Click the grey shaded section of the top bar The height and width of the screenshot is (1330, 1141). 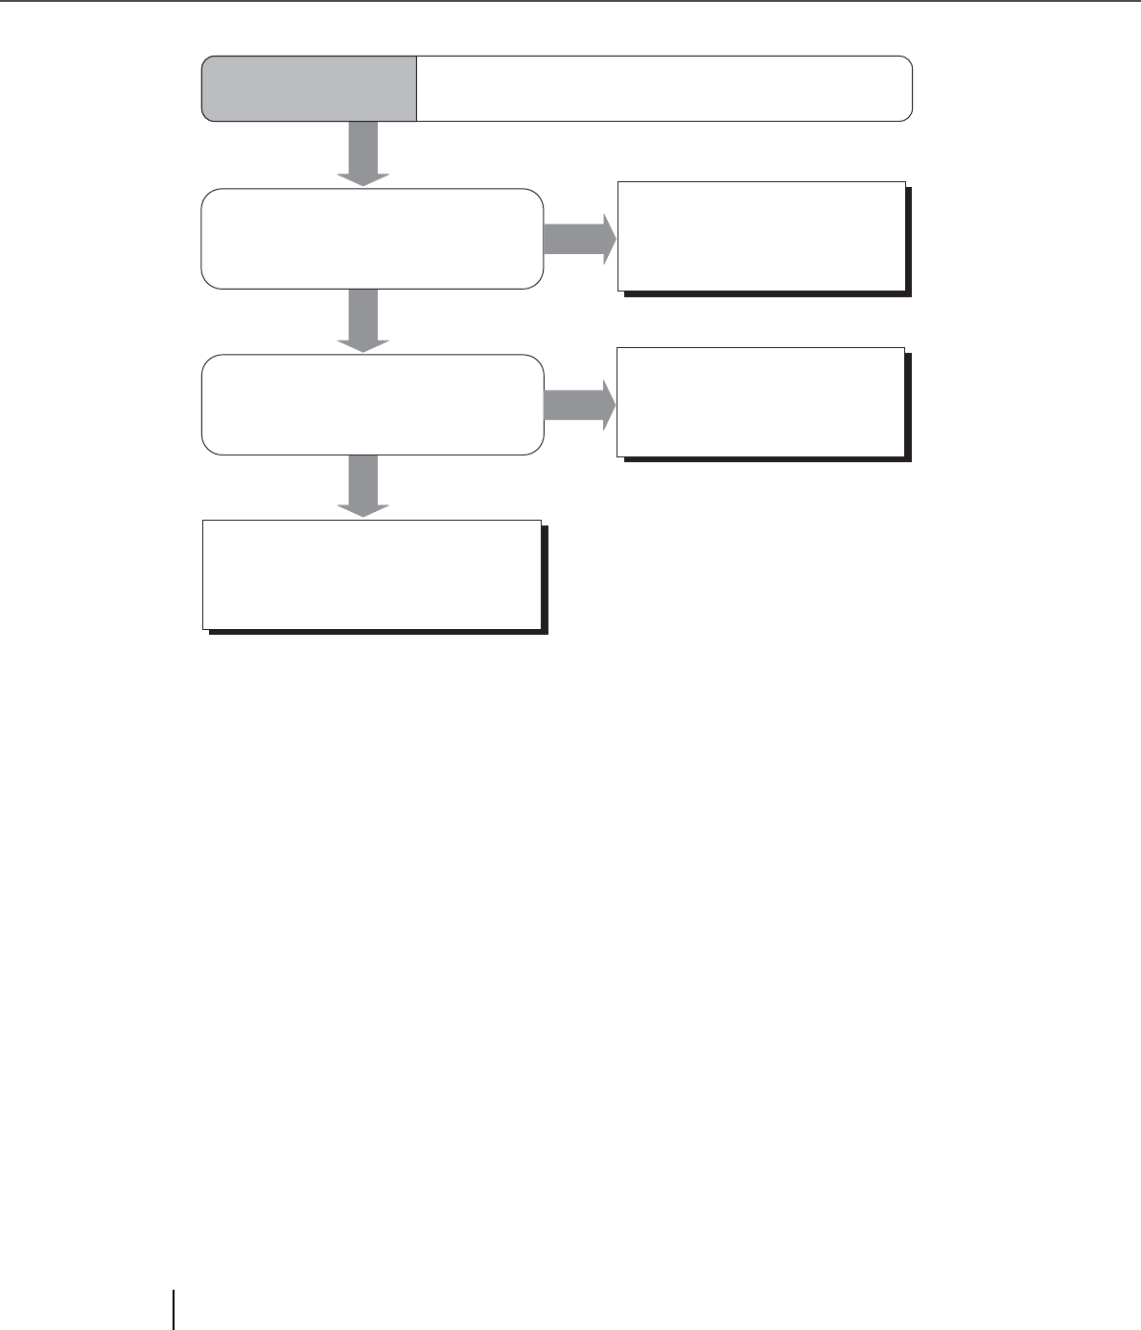(309, 88)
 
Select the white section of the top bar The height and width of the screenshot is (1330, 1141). (664, 88)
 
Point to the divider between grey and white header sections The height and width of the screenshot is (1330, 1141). (417, 88)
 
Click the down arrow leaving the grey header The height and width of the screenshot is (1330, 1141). (363, 153)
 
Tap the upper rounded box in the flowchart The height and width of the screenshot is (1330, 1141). (372, 239)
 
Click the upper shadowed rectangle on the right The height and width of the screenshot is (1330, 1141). (761, 236)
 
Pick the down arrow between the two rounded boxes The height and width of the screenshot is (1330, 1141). (363, 320)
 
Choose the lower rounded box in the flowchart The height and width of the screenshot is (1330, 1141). (372, 404)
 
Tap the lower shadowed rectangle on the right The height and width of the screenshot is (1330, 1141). (760, 402)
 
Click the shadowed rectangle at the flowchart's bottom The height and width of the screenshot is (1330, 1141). (372, 574)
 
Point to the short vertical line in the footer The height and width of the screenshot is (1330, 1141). (175, 1309)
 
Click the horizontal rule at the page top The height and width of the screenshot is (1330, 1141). (570, 1)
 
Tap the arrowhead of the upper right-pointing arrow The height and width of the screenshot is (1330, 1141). (609, 239)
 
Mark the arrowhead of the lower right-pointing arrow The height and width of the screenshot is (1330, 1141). (609, 404)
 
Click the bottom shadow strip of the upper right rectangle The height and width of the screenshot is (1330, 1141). (766, 293)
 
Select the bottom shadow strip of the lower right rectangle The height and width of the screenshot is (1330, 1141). (766, 459)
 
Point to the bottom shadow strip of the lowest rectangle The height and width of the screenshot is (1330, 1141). (377, 632)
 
